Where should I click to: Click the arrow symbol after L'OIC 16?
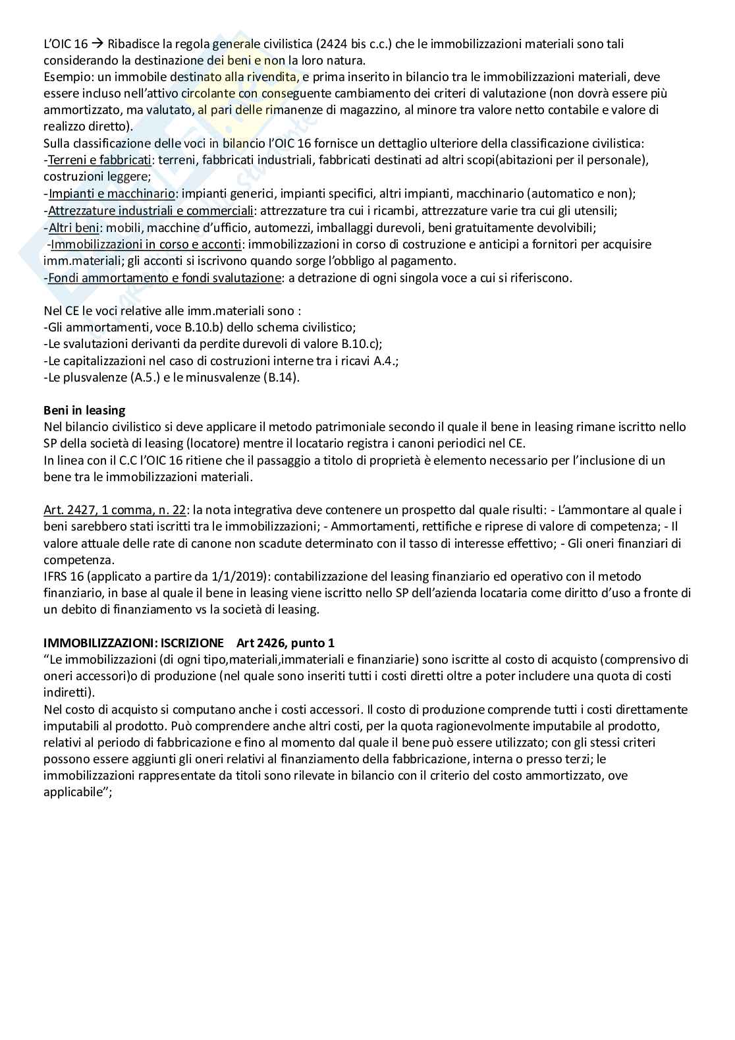[97, 44]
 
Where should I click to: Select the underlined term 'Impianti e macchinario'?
[112, 194]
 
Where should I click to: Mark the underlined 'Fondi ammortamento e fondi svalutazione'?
[165, 277]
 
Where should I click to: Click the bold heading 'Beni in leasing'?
[84, 411]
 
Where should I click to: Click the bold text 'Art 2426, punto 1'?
[285, 643]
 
